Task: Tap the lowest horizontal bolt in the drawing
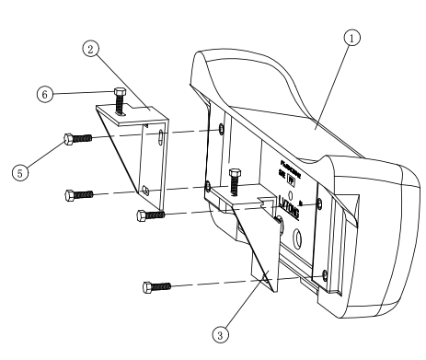tap(156, 286)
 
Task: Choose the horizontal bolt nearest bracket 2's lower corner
tap(150, 215)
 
